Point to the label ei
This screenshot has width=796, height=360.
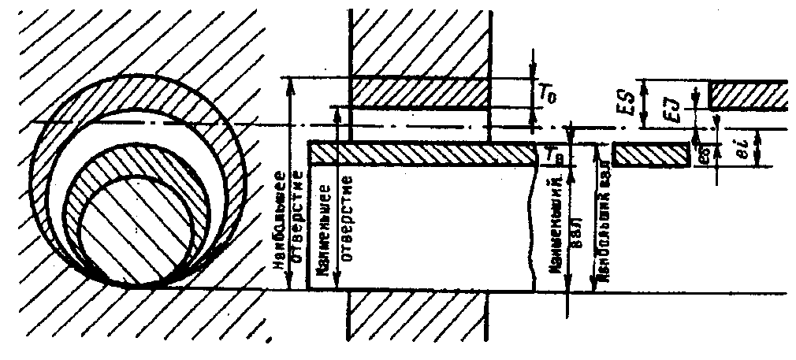(x=750, y=148)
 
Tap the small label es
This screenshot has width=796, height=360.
(x=703, y=155)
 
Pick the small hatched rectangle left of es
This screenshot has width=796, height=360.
(x=651, y=154)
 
